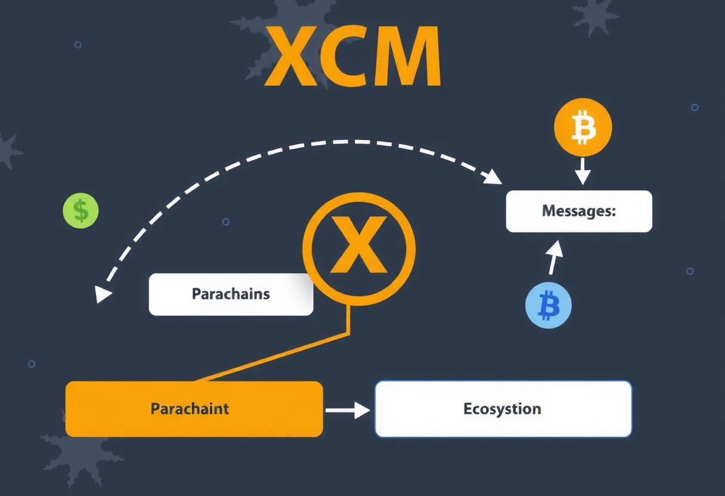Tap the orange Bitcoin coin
click(583, 127)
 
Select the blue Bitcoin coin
click(549, 305)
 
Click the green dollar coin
click(80, 210)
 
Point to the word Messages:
click(579, 211)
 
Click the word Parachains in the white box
click(231, 294)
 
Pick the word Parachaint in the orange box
click(190, 408)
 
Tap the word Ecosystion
click(503, 409)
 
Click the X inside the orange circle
click(358, 244)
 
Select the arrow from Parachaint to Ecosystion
click(348, 410)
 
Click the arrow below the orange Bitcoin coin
click(583, 171)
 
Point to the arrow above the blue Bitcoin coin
click(554, 258)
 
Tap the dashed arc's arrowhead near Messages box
click(492, 177)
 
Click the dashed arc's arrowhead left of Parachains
click(103, 294)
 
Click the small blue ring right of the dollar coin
click(226, 222)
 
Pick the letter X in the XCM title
click(290, 56)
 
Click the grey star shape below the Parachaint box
click(81, 460)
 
